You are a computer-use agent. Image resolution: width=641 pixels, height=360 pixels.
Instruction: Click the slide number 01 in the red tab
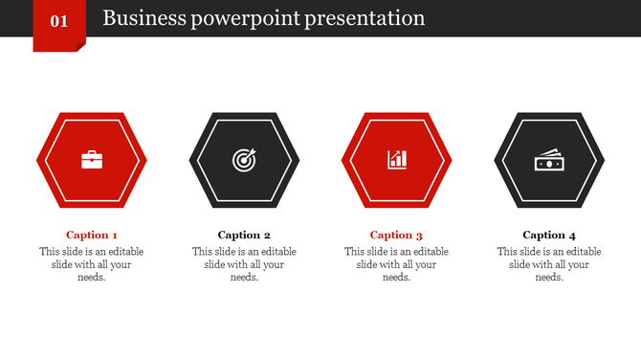pos(58,20)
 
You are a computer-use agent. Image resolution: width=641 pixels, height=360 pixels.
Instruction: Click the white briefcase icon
pos(92,160)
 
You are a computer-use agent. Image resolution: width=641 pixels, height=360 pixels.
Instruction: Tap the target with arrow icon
pos(244,160)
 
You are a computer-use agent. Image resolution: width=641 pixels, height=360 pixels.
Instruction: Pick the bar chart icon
pos(397,160)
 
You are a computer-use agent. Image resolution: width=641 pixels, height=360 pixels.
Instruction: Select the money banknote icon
pos(549,161)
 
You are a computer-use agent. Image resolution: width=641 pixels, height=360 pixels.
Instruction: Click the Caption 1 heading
pos(92,235)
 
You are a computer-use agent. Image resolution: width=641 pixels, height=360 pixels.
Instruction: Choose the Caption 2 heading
pos(244,235)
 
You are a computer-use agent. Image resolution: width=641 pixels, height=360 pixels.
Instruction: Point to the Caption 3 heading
pos(396,235)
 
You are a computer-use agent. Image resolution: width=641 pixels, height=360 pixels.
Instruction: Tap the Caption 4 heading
pos(549,235)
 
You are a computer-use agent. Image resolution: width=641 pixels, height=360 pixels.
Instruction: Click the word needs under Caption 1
pos(91,278)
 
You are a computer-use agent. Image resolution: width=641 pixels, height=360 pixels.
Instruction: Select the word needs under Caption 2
pos(244,278)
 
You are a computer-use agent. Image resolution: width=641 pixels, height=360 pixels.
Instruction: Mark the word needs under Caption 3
pos(396,278)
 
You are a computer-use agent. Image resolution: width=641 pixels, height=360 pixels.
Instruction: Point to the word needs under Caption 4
pos(549,278)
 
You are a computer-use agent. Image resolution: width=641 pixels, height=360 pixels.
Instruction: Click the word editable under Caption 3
pos(428,252)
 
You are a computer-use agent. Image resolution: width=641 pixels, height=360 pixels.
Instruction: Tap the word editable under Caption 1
pos(122,252)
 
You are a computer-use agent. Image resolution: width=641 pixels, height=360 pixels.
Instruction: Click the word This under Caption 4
pos(507,252)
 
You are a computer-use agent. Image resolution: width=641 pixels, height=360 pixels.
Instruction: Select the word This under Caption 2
pos(202,252)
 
